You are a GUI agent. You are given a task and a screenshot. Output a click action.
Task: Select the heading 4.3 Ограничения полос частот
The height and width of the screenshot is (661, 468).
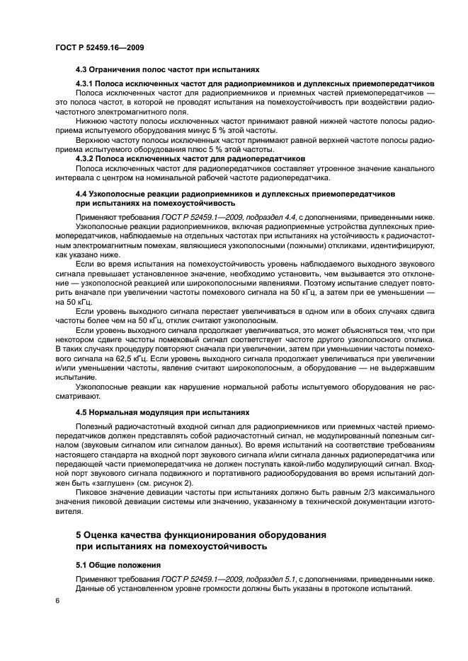(167, 70)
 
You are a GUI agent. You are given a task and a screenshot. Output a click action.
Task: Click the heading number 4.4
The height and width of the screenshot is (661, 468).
(81, 193)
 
